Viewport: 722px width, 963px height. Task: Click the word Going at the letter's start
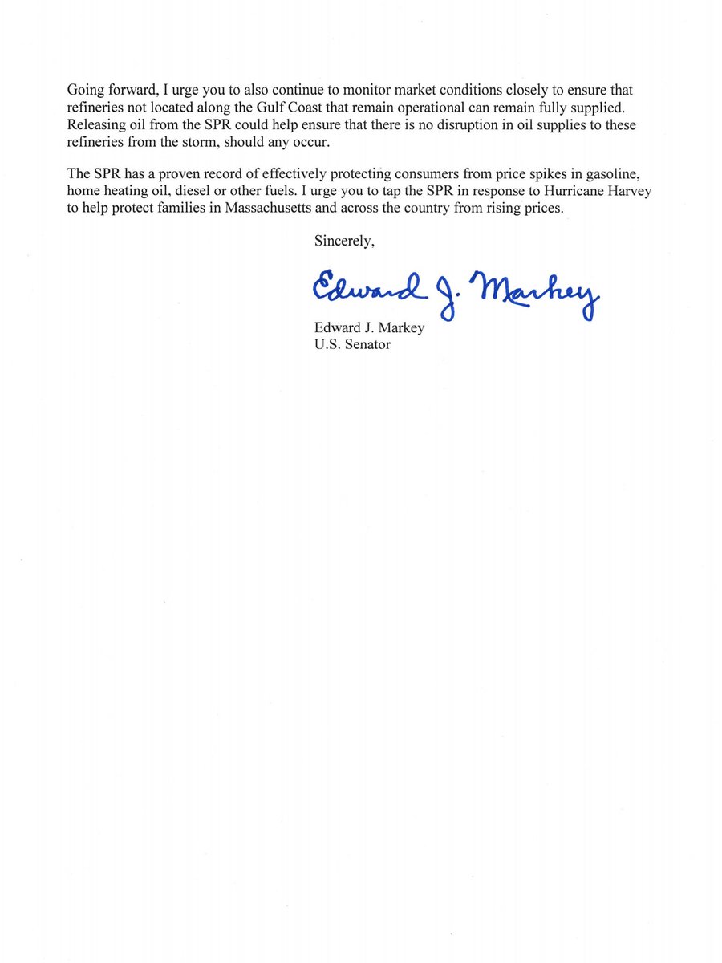(87, 91)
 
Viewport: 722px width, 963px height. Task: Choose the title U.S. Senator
(352, 345)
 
